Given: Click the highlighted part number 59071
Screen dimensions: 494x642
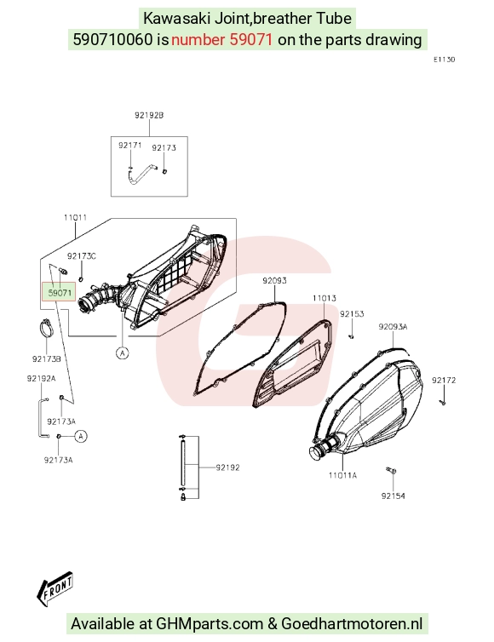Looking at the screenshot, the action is point(60,292).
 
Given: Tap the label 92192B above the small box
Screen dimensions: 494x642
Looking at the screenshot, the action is point(149,116).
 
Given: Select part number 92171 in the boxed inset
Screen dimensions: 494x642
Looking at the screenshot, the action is point(129,146).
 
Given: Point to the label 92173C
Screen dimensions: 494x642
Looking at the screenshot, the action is point(82,256).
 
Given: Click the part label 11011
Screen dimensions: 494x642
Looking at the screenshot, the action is point(75,217).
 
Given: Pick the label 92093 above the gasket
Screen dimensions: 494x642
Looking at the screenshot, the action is point(274,280).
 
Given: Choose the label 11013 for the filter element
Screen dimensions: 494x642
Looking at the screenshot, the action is point(325,298).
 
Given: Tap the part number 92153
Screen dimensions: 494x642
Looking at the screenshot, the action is point(352,314).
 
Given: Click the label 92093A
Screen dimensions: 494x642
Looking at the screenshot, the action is point(393,327).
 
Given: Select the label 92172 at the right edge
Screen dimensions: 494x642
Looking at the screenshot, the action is point(444,381).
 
